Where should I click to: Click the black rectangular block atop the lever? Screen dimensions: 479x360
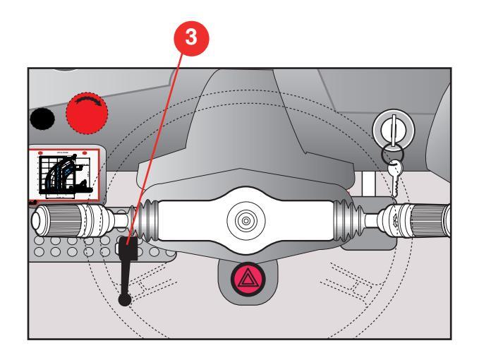(x=128, y=250)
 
